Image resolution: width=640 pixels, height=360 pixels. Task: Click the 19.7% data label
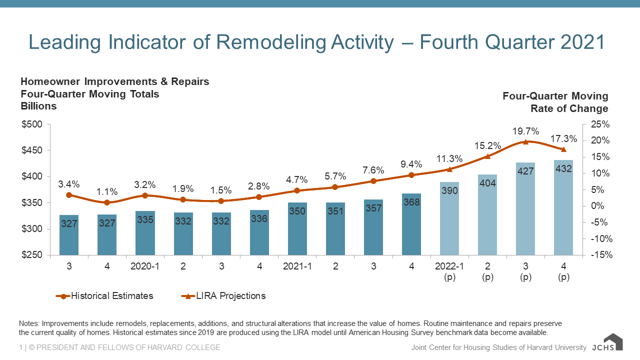(525, 131)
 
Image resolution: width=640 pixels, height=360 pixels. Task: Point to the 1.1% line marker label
(107, 191)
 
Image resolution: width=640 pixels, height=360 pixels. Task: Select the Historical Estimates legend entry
(105, 295)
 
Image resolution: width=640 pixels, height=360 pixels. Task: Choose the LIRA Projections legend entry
(223, 295)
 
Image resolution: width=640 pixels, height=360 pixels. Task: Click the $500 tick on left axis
(32, 124)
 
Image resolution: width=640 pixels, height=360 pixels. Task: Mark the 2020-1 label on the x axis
(145, 266)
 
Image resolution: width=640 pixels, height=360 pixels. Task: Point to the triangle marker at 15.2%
(487, 156)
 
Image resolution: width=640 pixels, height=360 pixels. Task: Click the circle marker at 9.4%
(411, 175)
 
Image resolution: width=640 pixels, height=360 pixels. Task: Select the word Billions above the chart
(38, 106)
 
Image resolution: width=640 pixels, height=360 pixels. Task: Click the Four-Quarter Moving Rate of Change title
(555, 102)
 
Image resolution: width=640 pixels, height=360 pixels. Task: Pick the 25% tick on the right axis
(600, 124)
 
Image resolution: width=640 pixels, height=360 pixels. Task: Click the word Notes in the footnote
(28, 323)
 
